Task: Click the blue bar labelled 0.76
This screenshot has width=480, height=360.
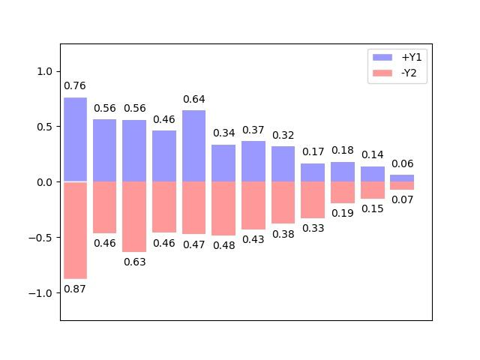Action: pyautogui.click(x=75, y=139)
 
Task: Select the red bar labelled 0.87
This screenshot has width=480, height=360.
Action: pyautogui.click(x=75, y=230)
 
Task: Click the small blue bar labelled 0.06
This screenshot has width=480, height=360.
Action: pyautogui.click(x=402, y=178)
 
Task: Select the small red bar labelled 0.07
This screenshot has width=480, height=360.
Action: pyautogui.click(x=402, y=185)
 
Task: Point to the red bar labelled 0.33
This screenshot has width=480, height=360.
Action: pyautogui.click(x=313, y=199)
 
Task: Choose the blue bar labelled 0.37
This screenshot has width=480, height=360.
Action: pyautogui.click(x=253, y=161)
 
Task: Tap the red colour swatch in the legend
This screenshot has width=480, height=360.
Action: pyautogui.click(x=382, y=73)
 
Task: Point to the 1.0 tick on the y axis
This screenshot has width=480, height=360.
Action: pyautogui.click(x=45, y=71)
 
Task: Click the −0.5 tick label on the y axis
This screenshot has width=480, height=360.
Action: pyautogui.click(x=42, y=238)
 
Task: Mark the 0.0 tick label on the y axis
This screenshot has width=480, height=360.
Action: pyautogui.click(x=45, y=182)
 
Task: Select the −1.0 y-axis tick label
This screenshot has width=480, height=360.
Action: pyautogui.click(x=42, y=293)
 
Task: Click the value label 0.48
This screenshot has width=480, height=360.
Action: pyautogui.click(x=223, y=245)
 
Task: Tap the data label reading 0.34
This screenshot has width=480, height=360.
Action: pyautogui.click(x=223, y=133)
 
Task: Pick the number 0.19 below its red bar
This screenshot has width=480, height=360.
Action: pyautogui.click(x=343, y=213)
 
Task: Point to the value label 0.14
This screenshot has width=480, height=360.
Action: pyautogui.click(x=373, y=155)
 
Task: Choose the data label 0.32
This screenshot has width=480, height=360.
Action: pyautogui.click(x=283, y=135)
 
